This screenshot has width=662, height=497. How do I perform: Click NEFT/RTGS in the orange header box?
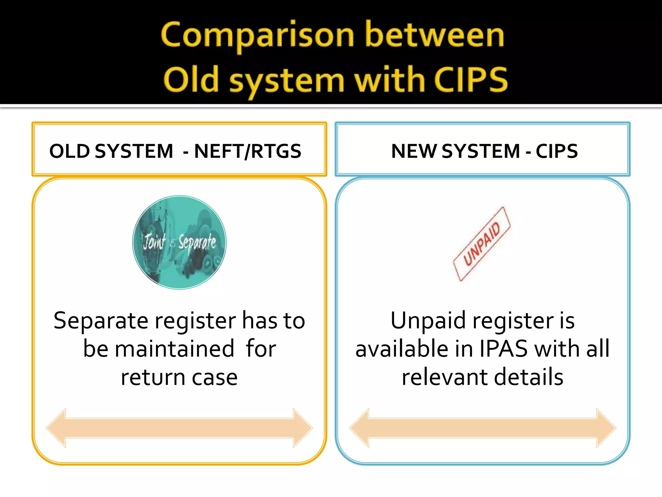point(248,151)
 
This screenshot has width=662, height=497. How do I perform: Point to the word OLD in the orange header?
point(69,151)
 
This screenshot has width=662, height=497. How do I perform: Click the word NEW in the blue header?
point(414,151)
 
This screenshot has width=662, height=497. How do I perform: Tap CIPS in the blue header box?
point(557,151)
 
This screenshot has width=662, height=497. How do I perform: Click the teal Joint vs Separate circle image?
point(179,242)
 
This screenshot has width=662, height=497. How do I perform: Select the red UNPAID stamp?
point(482,244)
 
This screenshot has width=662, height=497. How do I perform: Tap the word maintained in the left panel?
point(175,349)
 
